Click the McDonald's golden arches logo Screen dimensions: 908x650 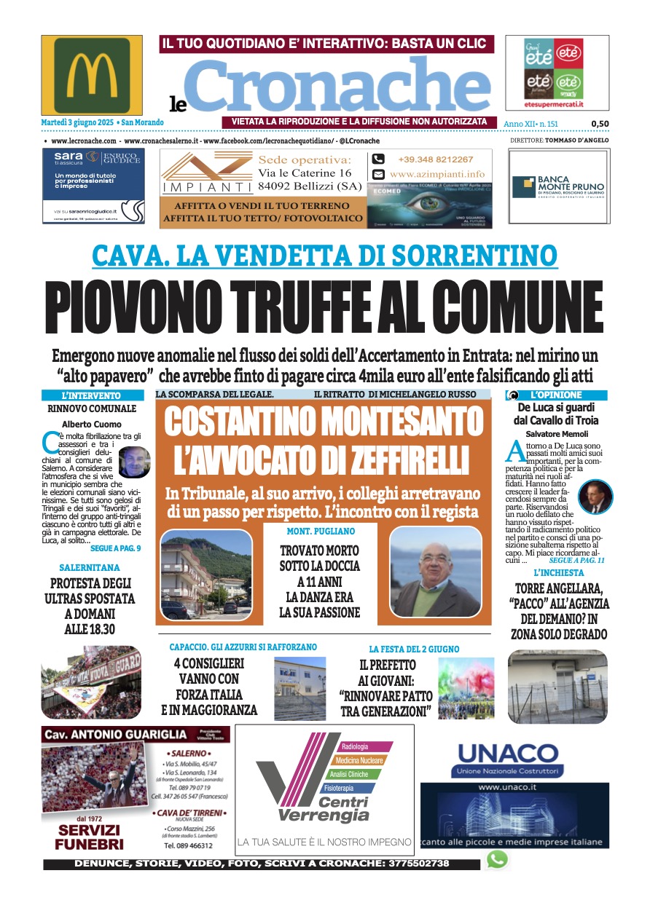91,75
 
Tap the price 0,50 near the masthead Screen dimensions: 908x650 600,124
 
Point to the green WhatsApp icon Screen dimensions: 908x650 497,859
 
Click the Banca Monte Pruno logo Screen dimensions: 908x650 559,186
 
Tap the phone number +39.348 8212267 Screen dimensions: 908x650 435,159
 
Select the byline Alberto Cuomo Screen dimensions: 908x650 91,424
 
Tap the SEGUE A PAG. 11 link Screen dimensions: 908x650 577,561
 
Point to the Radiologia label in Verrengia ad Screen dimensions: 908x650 355,746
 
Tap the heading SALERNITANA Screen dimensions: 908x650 90,567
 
